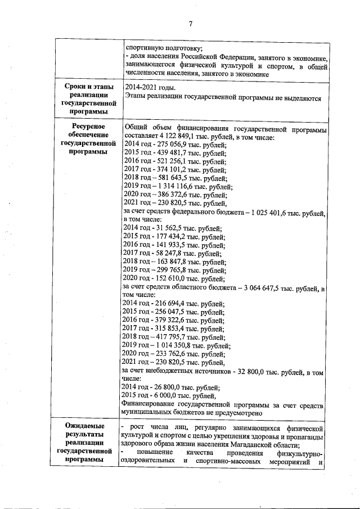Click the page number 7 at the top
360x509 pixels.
[x=191, y=23]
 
